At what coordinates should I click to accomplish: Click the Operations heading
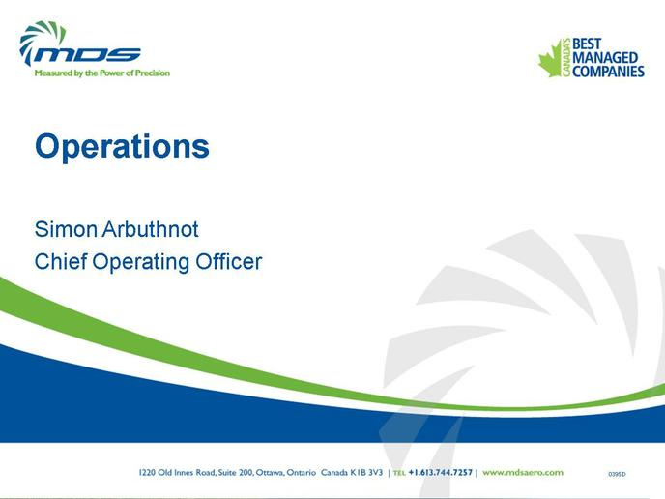(122, 147)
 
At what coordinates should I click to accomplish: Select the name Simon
(66, 229)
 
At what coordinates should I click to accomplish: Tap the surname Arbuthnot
(151, 229)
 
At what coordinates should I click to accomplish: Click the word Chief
(61, 261)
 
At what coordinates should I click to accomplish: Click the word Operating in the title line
(141, 263)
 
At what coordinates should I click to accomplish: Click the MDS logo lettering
(87, 54)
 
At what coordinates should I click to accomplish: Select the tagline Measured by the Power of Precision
(102, 73)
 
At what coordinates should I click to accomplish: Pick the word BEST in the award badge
(587, 44)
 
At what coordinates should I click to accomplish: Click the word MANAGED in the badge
(605, 58)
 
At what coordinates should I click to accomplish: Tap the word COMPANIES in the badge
(609, 72)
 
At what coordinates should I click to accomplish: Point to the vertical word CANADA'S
(566, 58)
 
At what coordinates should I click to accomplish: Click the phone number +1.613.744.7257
(440, 472)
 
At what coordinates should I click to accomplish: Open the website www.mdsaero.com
(523, 472)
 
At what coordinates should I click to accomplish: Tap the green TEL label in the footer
(399, 473)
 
